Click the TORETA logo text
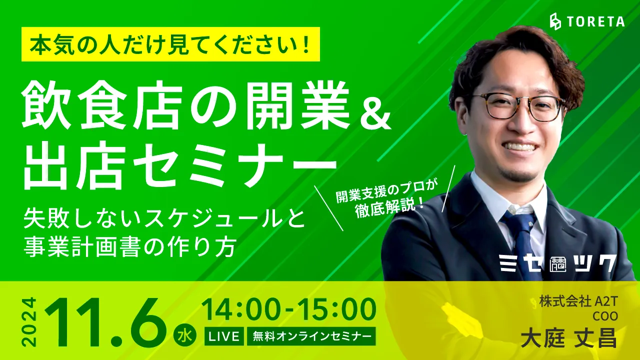tap(596, 21)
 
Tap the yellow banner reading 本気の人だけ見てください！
tap(170, 44)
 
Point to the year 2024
tap(29, 321)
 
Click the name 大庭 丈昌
tap(568, 339)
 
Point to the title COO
tap(604, 316)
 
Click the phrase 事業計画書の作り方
tap(130, 247)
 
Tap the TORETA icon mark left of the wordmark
tap(555, 21)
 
